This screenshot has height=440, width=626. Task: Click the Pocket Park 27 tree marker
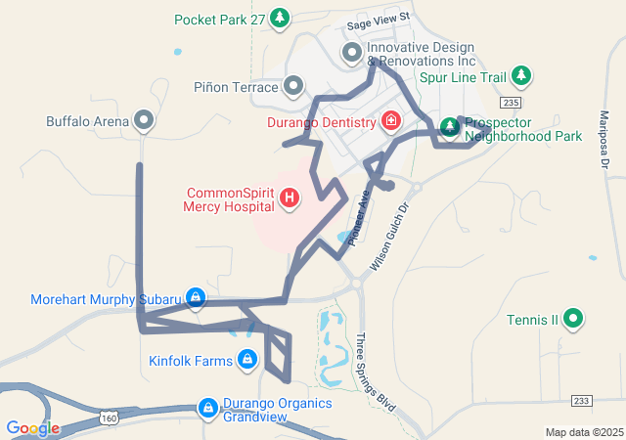tap(280, 18)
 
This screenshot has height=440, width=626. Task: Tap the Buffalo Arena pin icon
tap(145, 121)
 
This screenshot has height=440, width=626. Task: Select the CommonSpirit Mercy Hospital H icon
tap(290, 198)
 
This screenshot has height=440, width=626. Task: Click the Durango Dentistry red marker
tap(391, 122)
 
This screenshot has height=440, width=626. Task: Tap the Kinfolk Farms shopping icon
tap(247, 361)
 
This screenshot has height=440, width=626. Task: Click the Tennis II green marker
tap(574, 319)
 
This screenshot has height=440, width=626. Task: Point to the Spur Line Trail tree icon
tap(521, 75)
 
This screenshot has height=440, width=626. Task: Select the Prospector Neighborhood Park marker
tap(450, 127)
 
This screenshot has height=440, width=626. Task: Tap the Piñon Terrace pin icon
tap(293, 87)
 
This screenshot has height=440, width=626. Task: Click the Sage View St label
tap(377, 17)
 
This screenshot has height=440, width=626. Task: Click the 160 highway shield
tap(108, 418)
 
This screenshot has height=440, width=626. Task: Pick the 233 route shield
tap(582, 401)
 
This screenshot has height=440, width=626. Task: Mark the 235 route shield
tap(509, 102)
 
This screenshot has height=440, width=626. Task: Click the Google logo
tap(32, 428)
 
